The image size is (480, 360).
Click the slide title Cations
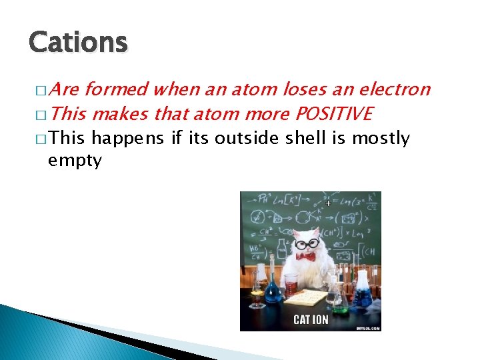click(78, 43)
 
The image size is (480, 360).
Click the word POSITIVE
click(333, 115)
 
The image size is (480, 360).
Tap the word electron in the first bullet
click(395, 89)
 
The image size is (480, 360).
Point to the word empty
click(75, 161)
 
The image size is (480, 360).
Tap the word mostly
click(381, 139)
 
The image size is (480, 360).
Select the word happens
click(128, 139)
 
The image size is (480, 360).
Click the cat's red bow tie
click(306, 256)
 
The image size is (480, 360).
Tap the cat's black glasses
click(306, 244)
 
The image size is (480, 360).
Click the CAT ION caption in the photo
click(311, 319)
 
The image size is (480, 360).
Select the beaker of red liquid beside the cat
click(291, 285)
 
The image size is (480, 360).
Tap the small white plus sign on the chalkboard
click(328, 202)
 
